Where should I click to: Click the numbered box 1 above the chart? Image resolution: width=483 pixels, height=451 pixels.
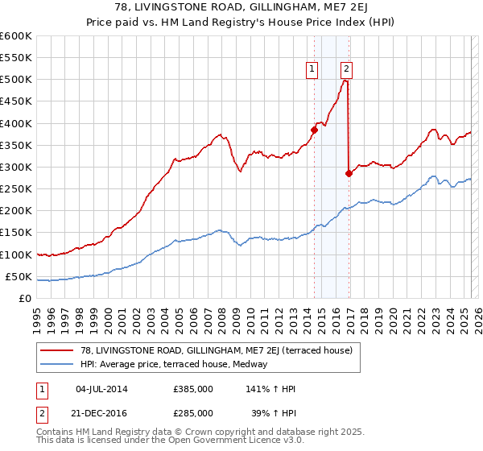pyautogui.click(x=312, y=69)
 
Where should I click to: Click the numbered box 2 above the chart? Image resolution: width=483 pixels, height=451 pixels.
pyautogui.click(x=346, y=69)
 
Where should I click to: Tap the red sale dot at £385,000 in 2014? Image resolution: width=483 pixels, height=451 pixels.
pyautogui.click(x=314, y=130)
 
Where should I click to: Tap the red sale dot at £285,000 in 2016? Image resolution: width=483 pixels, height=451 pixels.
pyautogui.click(x=349, y=173)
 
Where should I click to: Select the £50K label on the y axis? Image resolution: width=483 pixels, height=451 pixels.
pyautogui.click(x=19, y=277)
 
